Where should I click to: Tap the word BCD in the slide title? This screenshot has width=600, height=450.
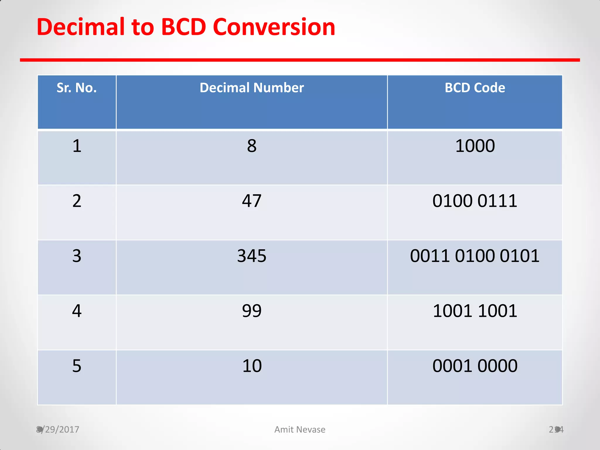[184, 27]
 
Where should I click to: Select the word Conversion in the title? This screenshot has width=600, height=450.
[274, 27]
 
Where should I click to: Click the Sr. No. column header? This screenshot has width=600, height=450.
[77, 88]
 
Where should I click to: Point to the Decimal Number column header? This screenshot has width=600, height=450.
[252, 88]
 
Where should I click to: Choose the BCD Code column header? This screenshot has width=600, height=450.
[475, 88]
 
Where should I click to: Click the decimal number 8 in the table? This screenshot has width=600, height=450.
[252, 146]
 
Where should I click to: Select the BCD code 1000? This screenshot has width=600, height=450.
[475, 146]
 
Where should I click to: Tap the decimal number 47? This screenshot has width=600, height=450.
[252, 201]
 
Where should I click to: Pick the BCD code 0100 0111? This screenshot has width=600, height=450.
[475, 201]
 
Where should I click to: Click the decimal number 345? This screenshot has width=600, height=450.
[252, 256]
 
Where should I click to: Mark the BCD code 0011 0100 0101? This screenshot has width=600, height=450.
[475, 256]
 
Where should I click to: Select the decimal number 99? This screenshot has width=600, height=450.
[252, 311]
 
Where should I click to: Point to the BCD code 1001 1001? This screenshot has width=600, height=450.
[475, 311]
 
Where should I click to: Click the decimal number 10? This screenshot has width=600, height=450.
[252, 366]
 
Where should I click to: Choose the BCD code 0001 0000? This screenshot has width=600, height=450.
[475, 366]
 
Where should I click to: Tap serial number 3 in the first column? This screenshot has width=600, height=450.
[77, 256]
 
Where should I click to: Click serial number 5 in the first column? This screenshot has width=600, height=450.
[77, 366]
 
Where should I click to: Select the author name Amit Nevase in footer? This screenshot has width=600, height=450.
[300, 429]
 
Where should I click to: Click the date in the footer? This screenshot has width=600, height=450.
[58, 429]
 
